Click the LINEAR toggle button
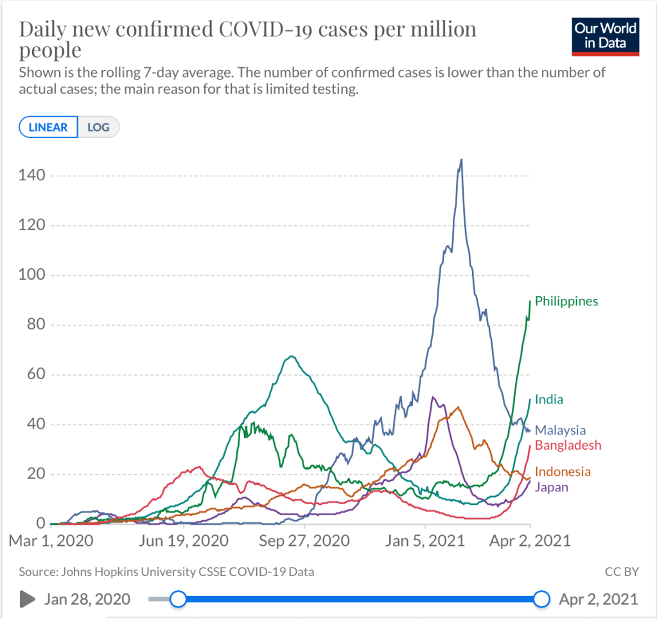pos(48,127)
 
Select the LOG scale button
pos(98,127)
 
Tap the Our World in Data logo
pos(605,37)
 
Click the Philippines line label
pos(566,301)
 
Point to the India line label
pos(549,400)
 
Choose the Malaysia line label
pos(561,430)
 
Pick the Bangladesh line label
pos(568,445)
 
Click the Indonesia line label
pos(563,472)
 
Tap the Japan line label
pos(551,487)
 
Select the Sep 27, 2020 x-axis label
pos(304,541)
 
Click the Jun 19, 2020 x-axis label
pos(183,541)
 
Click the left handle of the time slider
pos(178,599)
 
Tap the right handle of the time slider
pos(542,599)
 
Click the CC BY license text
pos(622,571)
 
